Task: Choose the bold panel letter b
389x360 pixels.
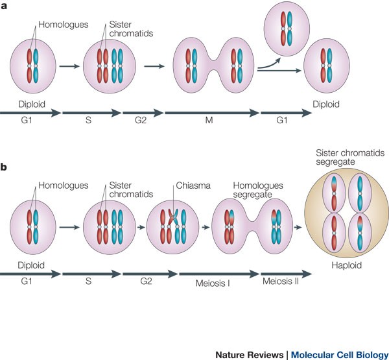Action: click(5, 167)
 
